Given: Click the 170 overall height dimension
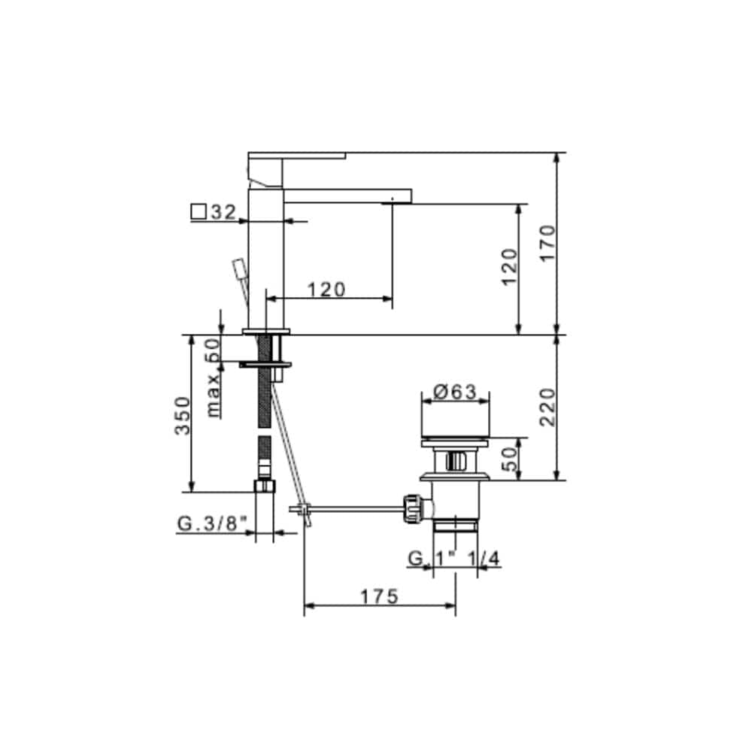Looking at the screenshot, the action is click(x=547, y=243).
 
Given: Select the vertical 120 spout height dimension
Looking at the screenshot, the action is click(x=509, y=267).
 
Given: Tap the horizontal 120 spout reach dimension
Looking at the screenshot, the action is click(x=326, y=290).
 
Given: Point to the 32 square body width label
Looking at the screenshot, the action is click(x=223, y=212).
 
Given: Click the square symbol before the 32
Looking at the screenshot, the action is click(x=199, y=212).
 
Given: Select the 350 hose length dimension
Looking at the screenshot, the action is click(x=182, y=415).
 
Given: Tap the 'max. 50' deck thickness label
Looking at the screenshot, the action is click(x=213, y=378).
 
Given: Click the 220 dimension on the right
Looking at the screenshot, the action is click(x=547, y=407).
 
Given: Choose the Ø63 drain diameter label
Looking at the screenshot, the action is click(x=455, y=391).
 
